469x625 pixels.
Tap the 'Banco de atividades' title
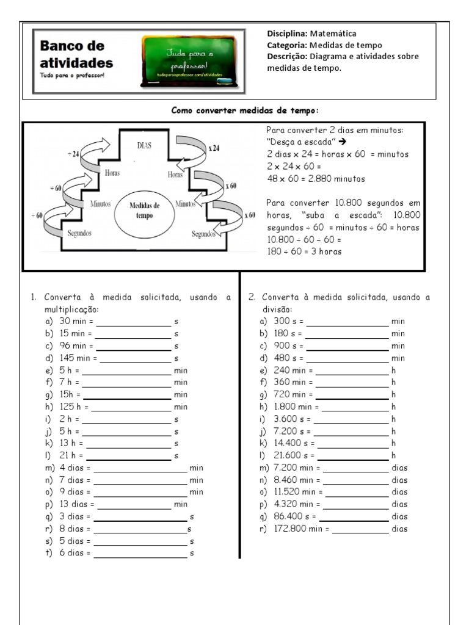click(76, 54)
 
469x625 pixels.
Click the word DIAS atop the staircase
click(144, 145)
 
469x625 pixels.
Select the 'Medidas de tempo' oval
click(144, 211)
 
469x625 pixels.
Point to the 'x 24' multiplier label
click(214, 147)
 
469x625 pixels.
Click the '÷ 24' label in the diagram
click(74, 154)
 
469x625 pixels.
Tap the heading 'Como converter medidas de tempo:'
click(245, 110)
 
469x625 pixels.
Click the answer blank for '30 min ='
click(133, 322)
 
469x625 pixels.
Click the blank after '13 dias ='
click(134, 505)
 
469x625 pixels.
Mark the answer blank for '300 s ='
click(347, 322)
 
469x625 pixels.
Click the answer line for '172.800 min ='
click(360, 529)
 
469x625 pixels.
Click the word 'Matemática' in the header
click(333, 34)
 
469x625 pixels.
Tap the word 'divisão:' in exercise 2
click(278, 309)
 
